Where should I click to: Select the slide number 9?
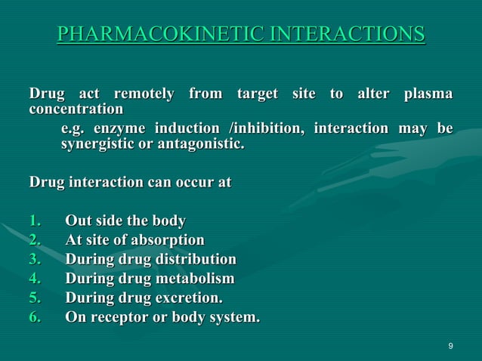pos(450,346)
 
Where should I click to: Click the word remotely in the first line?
pos(144,94)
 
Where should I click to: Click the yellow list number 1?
pos(35,221)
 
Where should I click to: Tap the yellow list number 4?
pos(35,279)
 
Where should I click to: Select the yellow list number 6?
pos(35,317)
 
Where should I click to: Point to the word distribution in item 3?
pos(196,261)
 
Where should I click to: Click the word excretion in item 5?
pos(191,298)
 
